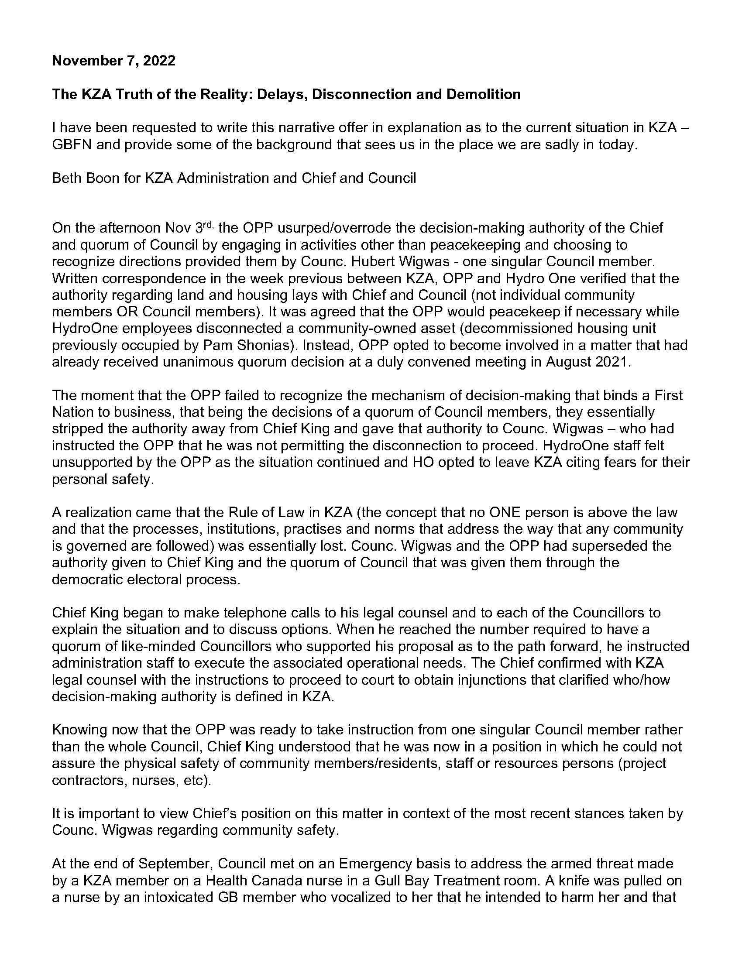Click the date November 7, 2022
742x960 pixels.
pos(113,61)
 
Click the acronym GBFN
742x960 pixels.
pos(72,144)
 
